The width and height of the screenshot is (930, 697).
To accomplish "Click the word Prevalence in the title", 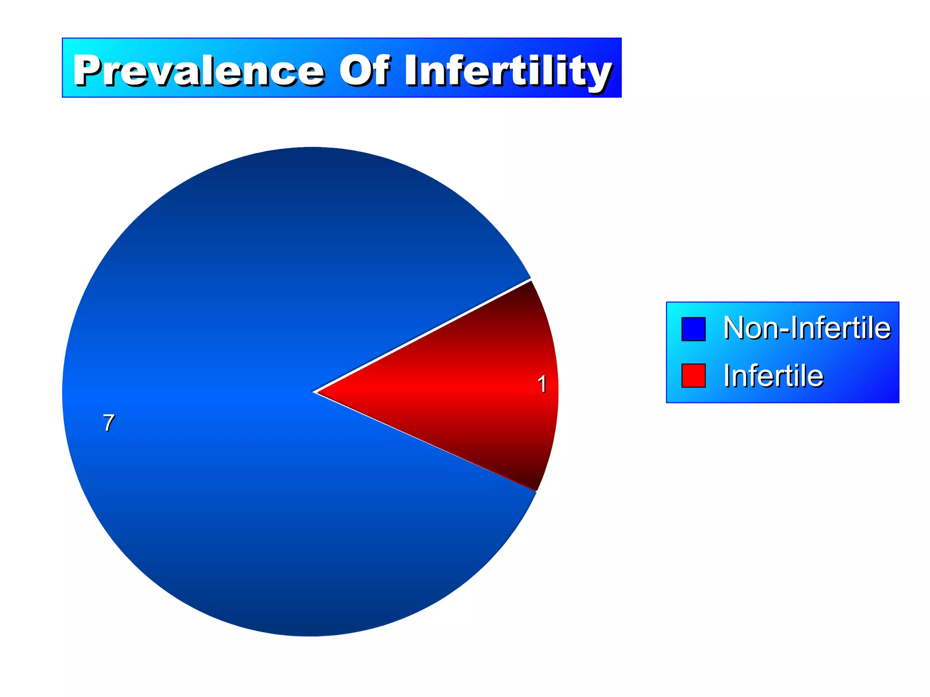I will (x=198, y=70).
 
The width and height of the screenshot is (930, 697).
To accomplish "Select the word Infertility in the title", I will (x=508, y=71).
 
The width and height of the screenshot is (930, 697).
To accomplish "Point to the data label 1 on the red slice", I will (x=542, y=384).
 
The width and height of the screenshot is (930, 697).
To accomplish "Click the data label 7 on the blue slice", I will (x=109, y=423).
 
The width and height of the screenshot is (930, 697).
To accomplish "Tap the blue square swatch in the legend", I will (x=693, y=329).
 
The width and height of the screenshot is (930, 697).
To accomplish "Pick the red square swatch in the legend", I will (x=693, y=375).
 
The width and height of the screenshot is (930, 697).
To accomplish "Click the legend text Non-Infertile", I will (x=806, y=328).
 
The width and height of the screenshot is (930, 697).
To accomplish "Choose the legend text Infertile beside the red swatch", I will (x=773, y=376).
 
